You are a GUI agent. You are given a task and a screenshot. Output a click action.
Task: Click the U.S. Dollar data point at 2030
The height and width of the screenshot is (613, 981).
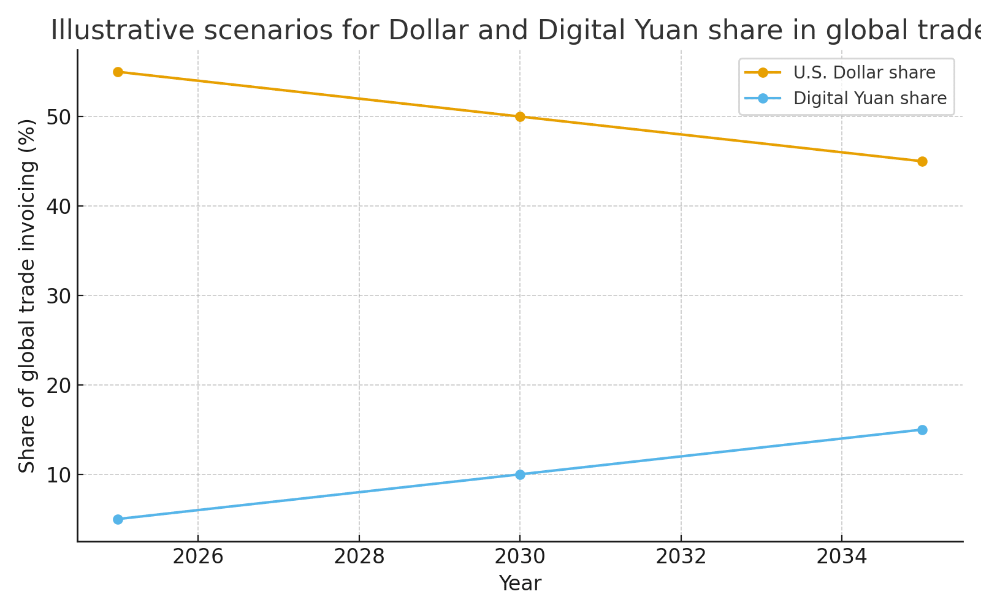(x=520, y=116)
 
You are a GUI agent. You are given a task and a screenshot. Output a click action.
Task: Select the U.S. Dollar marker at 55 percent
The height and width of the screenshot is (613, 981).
(x=118, y=72)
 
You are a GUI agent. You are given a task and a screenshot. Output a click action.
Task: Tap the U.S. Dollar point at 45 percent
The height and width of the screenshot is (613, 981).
(x=922, y=161)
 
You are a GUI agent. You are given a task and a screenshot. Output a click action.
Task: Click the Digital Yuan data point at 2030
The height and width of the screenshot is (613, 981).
(x=520, y=474)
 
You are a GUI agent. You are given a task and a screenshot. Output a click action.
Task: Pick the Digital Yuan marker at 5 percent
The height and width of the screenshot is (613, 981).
(x=118, y=519)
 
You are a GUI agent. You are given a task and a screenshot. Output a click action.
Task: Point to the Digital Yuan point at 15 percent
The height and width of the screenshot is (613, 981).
(x=922, y=430)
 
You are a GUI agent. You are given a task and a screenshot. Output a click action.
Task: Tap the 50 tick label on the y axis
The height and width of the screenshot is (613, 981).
(x=58, y=117)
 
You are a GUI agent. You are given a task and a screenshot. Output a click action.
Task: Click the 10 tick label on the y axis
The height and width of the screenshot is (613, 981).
(x=58, y=475)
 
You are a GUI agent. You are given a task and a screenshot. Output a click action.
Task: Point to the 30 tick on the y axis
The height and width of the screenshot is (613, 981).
(x=58, y=296)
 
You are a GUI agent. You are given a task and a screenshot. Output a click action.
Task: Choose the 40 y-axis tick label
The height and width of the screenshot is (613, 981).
(x=58, y=207)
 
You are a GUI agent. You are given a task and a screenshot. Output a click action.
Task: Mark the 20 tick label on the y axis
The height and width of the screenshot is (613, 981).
(x=58, y=386)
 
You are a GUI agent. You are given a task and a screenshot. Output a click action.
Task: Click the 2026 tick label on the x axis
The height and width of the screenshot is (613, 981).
(x=198, y=557)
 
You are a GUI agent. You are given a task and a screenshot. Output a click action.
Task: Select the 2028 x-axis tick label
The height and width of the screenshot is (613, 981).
(x=359, y=557)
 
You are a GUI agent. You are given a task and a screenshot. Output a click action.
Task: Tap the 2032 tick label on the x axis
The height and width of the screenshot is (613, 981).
(x=681, y=557)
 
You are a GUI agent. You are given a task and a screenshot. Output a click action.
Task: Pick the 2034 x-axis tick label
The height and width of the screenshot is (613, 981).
(x=841, y=557)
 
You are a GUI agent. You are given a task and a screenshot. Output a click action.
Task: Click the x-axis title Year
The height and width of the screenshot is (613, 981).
(x=520, y=583)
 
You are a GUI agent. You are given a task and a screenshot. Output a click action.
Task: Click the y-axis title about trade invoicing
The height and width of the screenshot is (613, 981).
(x=27, y=296)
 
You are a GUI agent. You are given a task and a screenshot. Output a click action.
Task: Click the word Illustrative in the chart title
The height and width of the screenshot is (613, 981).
(x=123, y=31)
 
